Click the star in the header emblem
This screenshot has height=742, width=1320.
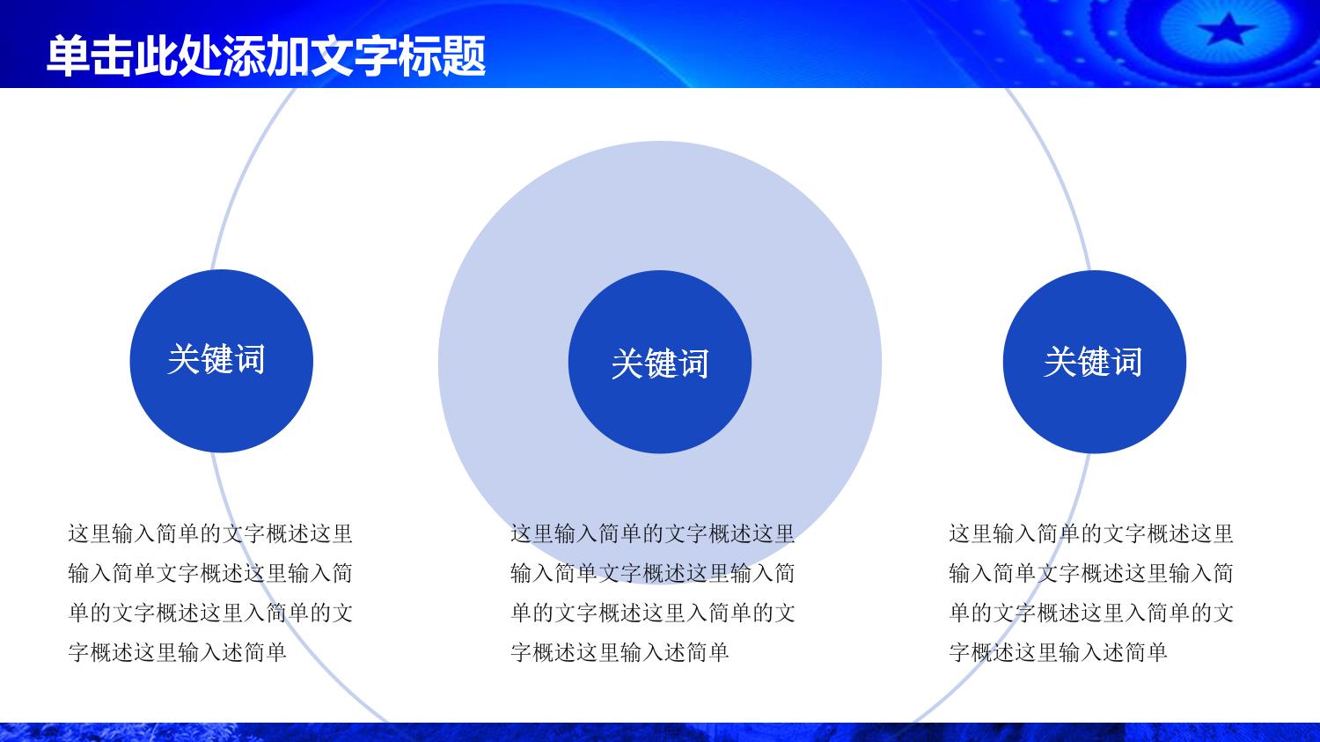point(1227,29)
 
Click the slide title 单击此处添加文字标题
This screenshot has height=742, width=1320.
point(267,56)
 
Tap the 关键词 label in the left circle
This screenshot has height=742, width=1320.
point(216,359)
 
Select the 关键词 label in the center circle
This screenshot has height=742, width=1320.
point(660,363)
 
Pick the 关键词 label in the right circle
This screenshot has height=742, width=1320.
point(1093,361)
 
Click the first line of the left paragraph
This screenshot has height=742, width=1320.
point(210,534)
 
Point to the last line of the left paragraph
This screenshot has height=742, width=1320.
point(178,652)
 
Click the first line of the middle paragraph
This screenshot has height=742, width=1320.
point(653,534)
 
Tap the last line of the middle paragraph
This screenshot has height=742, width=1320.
point(620,652)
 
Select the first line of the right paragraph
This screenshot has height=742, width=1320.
point(1091,534)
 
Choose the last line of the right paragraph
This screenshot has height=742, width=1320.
point(1059,652)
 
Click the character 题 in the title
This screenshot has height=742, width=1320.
point(465,56)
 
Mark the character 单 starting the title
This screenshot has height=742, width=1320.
point(69,56)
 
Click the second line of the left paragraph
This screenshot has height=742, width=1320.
point(210,574)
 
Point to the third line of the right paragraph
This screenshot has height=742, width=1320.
point(1091,613)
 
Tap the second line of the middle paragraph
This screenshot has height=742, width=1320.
point(653,574)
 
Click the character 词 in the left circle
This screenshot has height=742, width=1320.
point(250,359)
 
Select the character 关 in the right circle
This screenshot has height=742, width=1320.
point(1060,361)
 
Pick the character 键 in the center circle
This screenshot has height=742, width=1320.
point(661,363)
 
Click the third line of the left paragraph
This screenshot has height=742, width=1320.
point(210,613)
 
